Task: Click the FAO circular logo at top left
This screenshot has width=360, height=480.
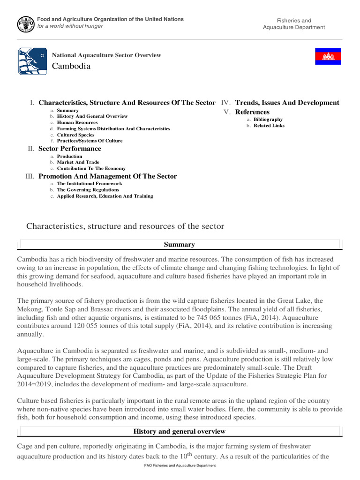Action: point(25,23)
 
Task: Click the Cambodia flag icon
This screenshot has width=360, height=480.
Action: point(327,57)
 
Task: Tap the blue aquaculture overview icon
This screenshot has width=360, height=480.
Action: point(32,61)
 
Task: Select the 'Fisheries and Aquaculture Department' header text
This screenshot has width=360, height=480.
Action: point(294,24)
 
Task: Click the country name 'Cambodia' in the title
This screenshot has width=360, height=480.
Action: point(71,66)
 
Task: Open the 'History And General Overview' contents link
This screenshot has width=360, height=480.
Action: point(92,116)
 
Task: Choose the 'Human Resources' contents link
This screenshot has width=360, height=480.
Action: point(77,122)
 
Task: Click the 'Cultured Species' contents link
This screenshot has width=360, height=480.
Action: point(75,135)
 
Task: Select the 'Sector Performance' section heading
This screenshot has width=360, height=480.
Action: point(69,149)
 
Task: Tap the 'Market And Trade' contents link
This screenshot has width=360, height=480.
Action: point(78,162)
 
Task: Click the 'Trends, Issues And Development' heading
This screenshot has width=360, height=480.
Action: point(287,103)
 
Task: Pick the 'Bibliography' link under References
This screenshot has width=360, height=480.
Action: point(268,119)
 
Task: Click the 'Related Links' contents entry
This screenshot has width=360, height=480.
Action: point(269,125)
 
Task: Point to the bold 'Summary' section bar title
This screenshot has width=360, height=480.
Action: point(180,244)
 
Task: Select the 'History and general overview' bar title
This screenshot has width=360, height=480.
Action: point(180,431)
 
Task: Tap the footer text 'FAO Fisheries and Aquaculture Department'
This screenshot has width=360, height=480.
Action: point(180,465)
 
